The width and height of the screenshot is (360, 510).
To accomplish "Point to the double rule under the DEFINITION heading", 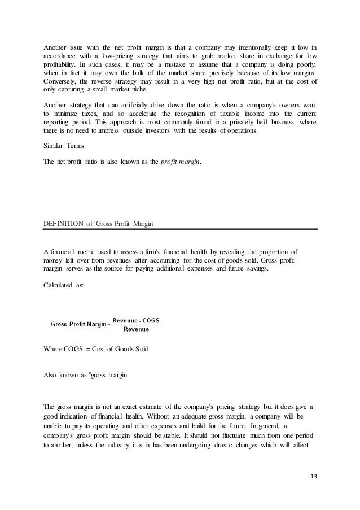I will click(x=181, y=229).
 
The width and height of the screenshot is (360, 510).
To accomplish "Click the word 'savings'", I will click(x=256, y=269).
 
